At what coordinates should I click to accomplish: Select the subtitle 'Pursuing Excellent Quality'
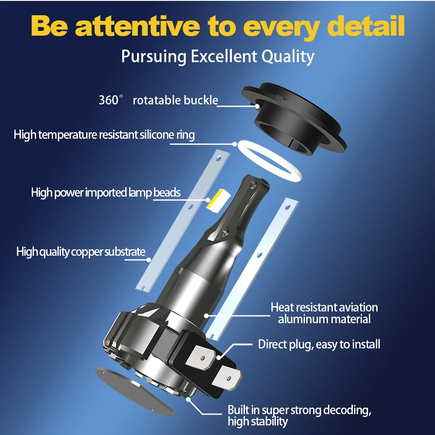pyautogui.click(x=217, y=57)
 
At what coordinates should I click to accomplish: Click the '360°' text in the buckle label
pyautogui.click(x=109, y=100)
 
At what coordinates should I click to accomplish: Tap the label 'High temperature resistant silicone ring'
pyautogui.click(x=104, y=134)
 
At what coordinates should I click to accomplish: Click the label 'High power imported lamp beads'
pyautogui.click(x=106, y=192)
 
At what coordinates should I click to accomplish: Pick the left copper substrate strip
pyautogui.click(x=183, y=217)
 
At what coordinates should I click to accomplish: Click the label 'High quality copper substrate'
pyautogui.click(x=81, y=251)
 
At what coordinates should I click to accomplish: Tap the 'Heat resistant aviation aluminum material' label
pyautogui.click(x=324, y=313)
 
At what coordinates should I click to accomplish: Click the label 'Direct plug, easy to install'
pyautogui.click(x=319, y=345)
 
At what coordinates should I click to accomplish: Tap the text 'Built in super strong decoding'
pyautogui.click(x=299, y=410)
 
